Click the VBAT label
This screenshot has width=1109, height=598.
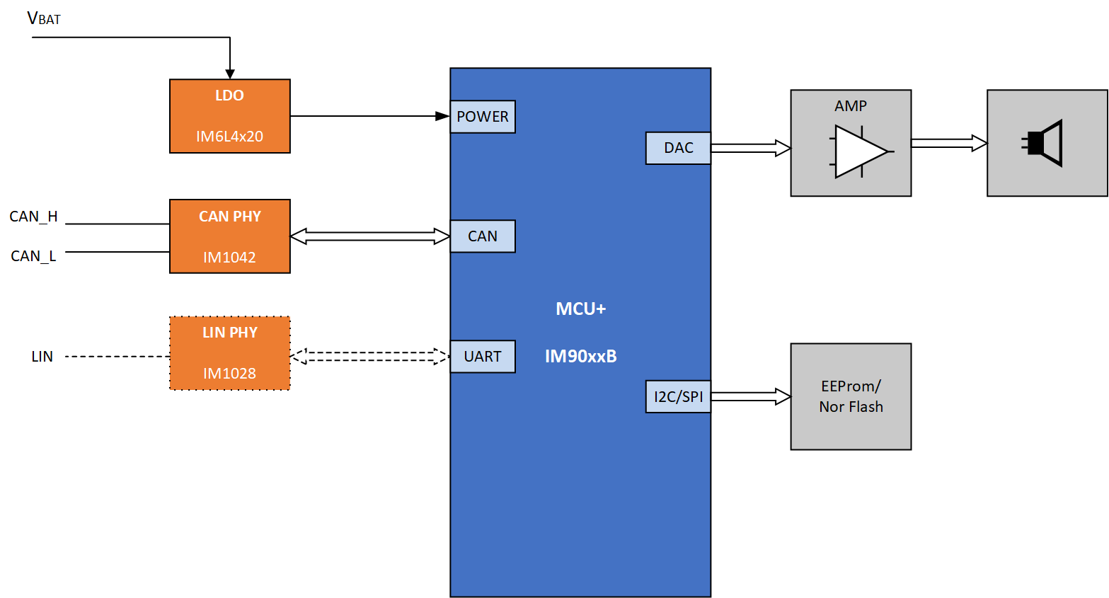coord(44,18)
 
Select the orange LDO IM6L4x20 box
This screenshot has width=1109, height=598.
coord(230,116)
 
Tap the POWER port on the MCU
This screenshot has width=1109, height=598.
coord(482,116)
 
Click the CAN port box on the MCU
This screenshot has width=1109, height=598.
coord(482,236)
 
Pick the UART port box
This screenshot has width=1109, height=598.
coord(482,357)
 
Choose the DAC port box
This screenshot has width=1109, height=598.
coord(678,148)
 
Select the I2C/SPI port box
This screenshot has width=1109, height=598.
coord(678,396)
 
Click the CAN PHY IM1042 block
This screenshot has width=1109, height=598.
coord(230,236)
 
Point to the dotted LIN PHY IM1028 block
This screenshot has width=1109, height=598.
coord(230,353)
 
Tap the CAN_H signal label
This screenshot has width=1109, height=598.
coord(34,217)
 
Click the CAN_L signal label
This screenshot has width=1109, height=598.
coord(33,256)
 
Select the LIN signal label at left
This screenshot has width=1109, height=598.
coord(42,357)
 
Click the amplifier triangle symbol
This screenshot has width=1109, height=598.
coord(861,151)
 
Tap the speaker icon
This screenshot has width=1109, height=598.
coord(1042,143)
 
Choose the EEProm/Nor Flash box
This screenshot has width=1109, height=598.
coord(851,396)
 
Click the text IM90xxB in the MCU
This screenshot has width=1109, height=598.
coord(581,356)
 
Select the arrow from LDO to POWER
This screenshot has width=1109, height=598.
coord(370,116)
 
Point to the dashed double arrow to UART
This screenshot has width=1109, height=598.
coord(370,357)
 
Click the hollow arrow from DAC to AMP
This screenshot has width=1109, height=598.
coord(751,148)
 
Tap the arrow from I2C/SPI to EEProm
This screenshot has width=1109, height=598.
coord(751,396)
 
